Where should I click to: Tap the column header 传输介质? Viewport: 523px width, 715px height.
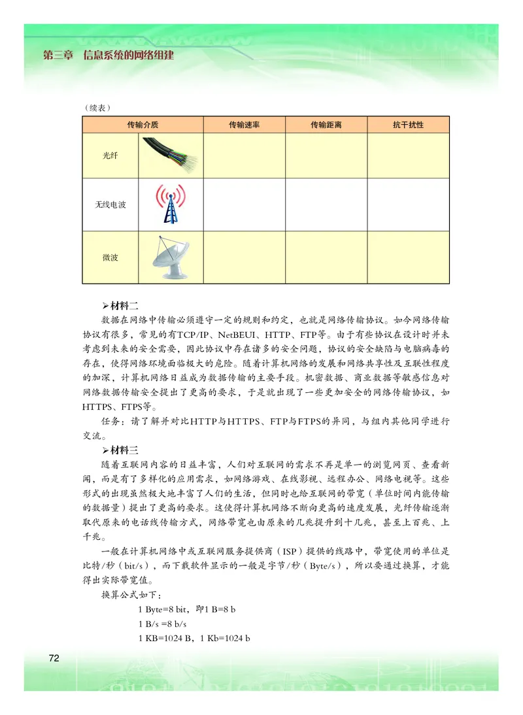pyautogui.click(x=143, y=124)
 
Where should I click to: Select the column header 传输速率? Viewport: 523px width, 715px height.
pyautogui.click(x=245, y=124)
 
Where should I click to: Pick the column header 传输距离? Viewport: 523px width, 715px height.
pyautogui.click(x=326, y=124)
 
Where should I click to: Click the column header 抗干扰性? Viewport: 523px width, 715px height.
pyautogui.click(x=408, y=124)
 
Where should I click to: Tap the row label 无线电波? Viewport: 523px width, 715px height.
pyautogui.click(x=110, y=205)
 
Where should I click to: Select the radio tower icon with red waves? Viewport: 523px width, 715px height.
pyautogui.click(x=170, y=204)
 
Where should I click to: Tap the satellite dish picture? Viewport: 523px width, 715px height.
pyautogui.click(x=170, y=257)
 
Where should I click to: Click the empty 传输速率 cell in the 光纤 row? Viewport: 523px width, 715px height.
pyautogui.click(x=245, y=156)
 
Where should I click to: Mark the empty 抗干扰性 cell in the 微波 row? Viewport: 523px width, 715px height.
pyautogui.click(x=408, y=257)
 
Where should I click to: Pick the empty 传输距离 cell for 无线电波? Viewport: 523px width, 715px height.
pyautogui.click(x=326, y=205)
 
